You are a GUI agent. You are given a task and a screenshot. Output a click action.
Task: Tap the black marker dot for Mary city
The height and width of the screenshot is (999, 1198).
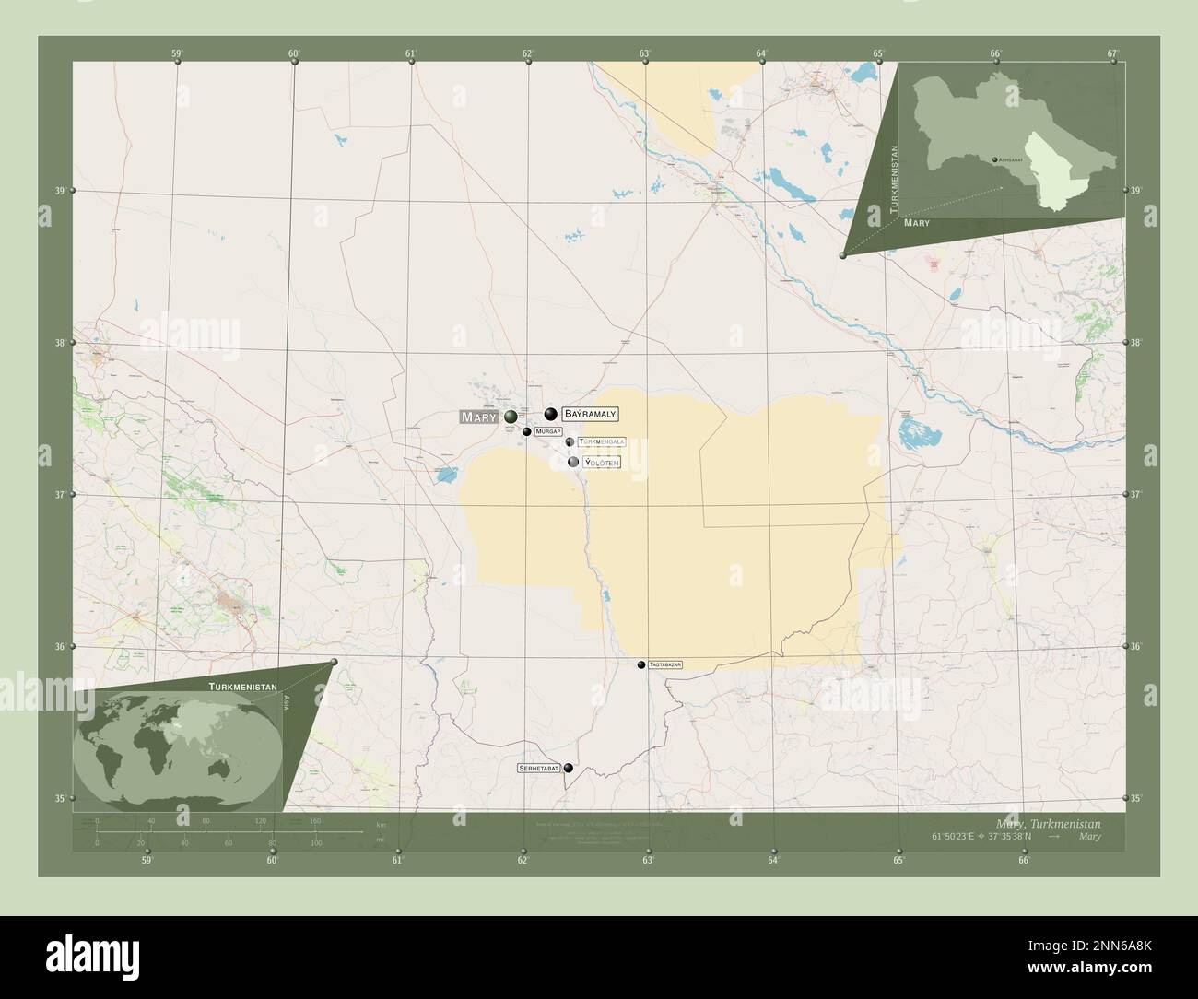(x=511, y=417)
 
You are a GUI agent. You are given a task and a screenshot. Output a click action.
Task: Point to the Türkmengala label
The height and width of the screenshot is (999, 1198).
(x=602, y=442)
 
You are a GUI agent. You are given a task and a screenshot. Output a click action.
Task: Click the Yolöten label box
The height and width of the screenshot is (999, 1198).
(x=602, y=462)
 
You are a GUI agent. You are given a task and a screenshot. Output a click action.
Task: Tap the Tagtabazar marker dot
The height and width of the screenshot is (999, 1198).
(x=641, y=664)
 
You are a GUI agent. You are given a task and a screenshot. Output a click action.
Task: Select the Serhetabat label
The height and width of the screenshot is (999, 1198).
(x=539, y=768)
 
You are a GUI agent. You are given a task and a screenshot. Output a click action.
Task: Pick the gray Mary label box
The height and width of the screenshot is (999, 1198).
(x=479, y=417)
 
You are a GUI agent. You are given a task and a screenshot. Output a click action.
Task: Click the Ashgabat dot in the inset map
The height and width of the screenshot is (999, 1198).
(x=994, y=159)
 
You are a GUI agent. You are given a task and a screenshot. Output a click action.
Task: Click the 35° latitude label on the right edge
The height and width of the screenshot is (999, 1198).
(x=1136, y=798)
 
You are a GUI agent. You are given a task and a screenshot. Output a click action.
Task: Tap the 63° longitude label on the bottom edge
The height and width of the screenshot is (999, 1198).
(x=648, y=861)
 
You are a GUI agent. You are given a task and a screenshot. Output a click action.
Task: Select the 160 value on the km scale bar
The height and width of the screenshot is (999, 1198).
(x=315, y=821)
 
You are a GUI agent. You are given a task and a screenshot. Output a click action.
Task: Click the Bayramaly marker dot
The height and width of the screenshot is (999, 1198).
(x=551, y=414)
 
